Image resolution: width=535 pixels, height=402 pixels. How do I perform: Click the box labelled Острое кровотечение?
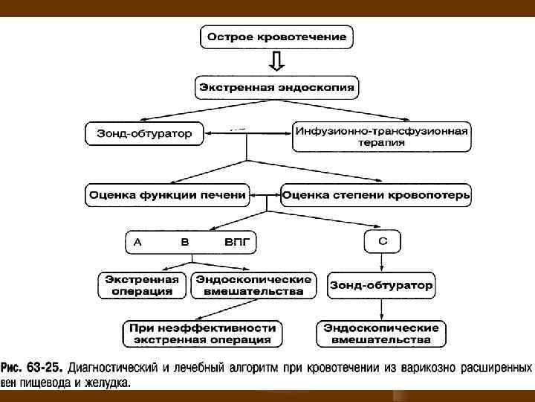point(276,36)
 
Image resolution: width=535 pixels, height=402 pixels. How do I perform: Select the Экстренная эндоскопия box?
point(276,87)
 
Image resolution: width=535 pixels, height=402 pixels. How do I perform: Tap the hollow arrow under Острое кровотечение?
point(276,61)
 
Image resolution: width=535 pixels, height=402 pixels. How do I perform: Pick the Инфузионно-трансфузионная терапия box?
point(381,136)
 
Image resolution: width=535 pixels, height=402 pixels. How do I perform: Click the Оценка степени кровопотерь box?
point(376,195)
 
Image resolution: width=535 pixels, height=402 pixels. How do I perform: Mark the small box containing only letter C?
point(382,241)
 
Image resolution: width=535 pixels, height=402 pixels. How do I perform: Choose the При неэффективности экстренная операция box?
point(202,334)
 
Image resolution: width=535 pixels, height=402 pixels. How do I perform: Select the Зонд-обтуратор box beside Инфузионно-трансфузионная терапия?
point(144,134)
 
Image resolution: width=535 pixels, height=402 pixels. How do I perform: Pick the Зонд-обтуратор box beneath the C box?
point(381,284)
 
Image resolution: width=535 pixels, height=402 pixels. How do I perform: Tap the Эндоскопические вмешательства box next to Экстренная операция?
point(253,285)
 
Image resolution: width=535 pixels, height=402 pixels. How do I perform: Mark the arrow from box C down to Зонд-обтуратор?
point(382,262)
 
